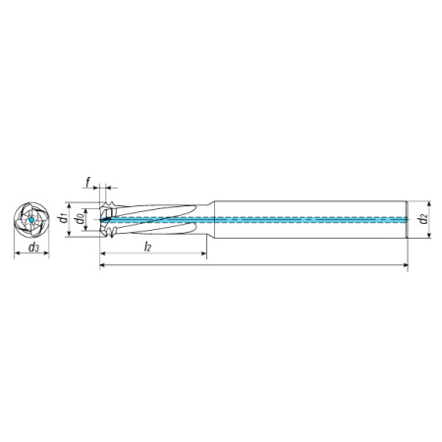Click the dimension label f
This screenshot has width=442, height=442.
(x=88, y=182)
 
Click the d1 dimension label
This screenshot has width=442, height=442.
(x=63, y=218)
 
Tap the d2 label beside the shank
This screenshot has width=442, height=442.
(x=423, y=218)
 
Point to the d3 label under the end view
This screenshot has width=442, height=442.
(x=33, y=248)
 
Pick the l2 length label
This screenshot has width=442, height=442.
(x=147, y=248)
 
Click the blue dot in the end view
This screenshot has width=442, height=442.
(x=31, y=220)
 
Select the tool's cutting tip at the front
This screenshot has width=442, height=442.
(x=100, y=219)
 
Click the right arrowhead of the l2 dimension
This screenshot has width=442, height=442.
(x=203, y=253)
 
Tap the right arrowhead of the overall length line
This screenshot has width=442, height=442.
(x=405, y=264)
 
